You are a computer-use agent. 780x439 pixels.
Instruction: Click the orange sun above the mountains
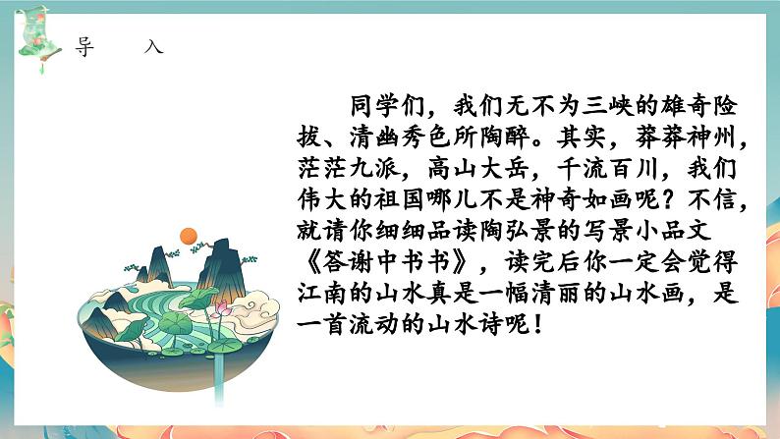tap(189, 236)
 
